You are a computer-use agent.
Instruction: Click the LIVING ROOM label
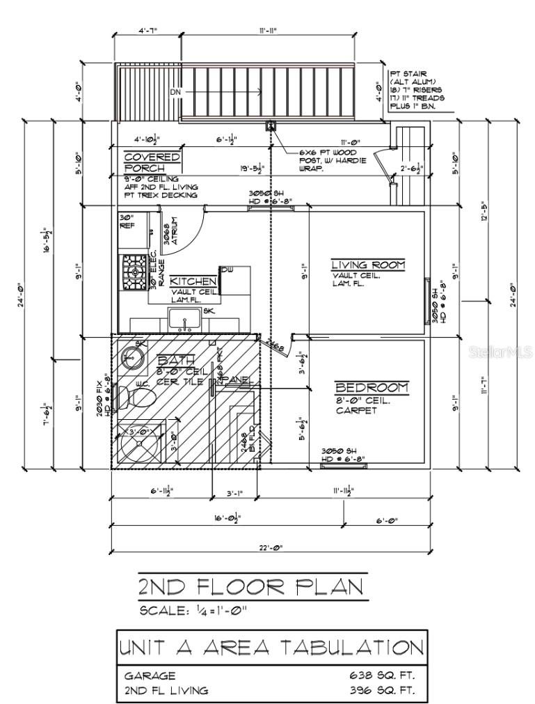(367, 265)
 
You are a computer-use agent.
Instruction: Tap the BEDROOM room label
(372, 387)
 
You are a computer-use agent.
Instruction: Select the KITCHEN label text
(193, 281)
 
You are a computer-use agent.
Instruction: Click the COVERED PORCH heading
(152, 162)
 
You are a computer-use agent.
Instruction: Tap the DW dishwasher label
(227, 269)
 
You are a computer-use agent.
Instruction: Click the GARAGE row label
(150, 675)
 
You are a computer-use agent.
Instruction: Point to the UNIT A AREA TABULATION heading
(271, 648)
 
